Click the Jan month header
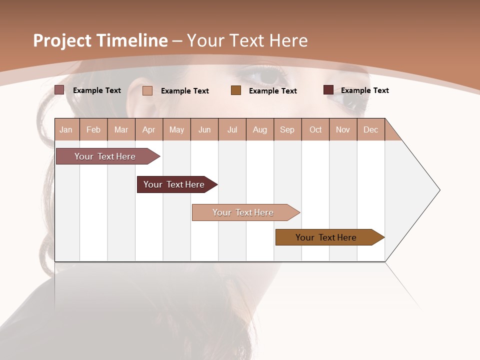click(66, 129)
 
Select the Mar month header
click(121, 129)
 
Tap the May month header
click(176, 129)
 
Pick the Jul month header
click(232, 129)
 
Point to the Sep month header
click(287, 129)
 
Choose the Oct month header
click(315, 129)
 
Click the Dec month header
click(370, 129)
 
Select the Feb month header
click(93, 129)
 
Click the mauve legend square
click(59, 90)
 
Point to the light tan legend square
click(147, 90)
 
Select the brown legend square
click(236, 90)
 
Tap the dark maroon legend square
click(328, 90)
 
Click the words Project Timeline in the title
click(100, 40)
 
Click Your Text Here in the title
click(247, 40)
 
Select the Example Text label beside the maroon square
click(364, 90)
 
